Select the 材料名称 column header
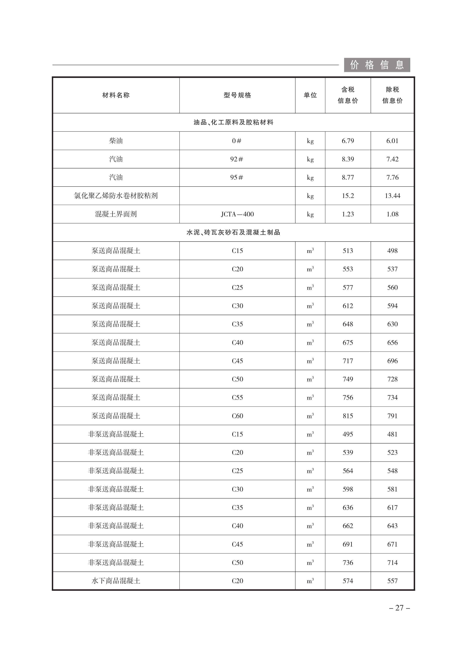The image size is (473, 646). pos(116,95)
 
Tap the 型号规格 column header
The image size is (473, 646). pos(237,95)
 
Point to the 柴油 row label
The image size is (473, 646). pos(116,141)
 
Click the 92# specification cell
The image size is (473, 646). pos(237,159)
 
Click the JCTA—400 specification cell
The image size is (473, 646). pos(237,214)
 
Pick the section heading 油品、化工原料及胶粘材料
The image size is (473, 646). pos(233,122)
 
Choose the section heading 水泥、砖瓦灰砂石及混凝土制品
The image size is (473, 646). pos(233,232)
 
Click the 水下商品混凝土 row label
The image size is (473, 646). pos(116,581)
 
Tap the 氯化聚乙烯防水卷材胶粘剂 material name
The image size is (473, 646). pos(116,196)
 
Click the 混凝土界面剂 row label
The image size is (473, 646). pos(116,214)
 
